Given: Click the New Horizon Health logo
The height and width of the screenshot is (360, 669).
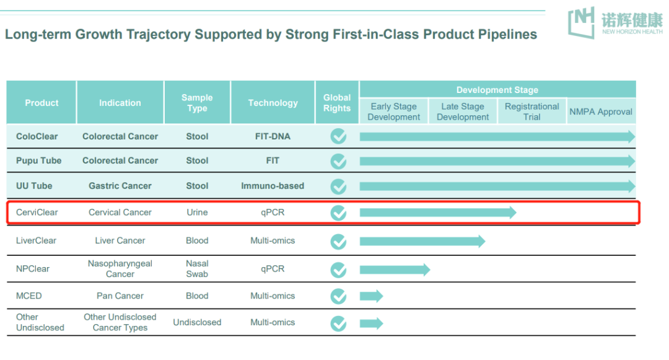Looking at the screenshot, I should click(614, 22).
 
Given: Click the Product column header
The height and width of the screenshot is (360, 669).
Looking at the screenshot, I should click(42, 103).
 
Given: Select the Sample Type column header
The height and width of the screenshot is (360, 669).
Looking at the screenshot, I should click(197, 103).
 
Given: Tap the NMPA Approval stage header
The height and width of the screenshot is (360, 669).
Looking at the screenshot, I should click(601, 112).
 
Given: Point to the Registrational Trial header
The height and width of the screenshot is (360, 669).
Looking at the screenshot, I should click(531, 112).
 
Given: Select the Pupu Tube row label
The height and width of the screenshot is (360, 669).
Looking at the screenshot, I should click(38, 160).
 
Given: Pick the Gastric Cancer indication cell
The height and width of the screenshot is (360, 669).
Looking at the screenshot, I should click(120, 186).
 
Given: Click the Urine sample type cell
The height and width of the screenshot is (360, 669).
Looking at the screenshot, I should click(197, 213).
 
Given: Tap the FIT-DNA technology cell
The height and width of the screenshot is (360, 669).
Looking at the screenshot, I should click(273, 136).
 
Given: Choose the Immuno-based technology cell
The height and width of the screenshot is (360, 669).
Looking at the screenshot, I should click(273, 186).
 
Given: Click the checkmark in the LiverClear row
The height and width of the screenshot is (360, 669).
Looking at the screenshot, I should click(338, 241).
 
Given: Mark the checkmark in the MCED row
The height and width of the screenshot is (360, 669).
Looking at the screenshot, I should click(338, 297).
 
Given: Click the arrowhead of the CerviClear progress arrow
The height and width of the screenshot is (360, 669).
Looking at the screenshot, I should click(512, 213).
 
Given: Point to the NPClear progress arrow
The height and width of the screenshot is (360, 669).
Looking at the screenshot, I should click(395, 270).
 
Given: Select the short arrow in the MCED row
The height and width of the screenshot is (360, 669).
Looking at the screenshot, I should click(371, 297).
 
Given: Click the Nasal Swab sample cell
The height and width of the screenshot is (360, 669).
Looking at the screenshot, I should click(197, 269).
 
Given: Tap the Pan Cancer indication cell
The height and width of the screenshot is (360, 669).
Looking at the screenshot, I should click(120, 296).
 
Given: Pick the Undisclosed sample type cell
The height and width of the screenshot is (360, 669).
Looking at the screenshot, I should click(197, 323).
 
